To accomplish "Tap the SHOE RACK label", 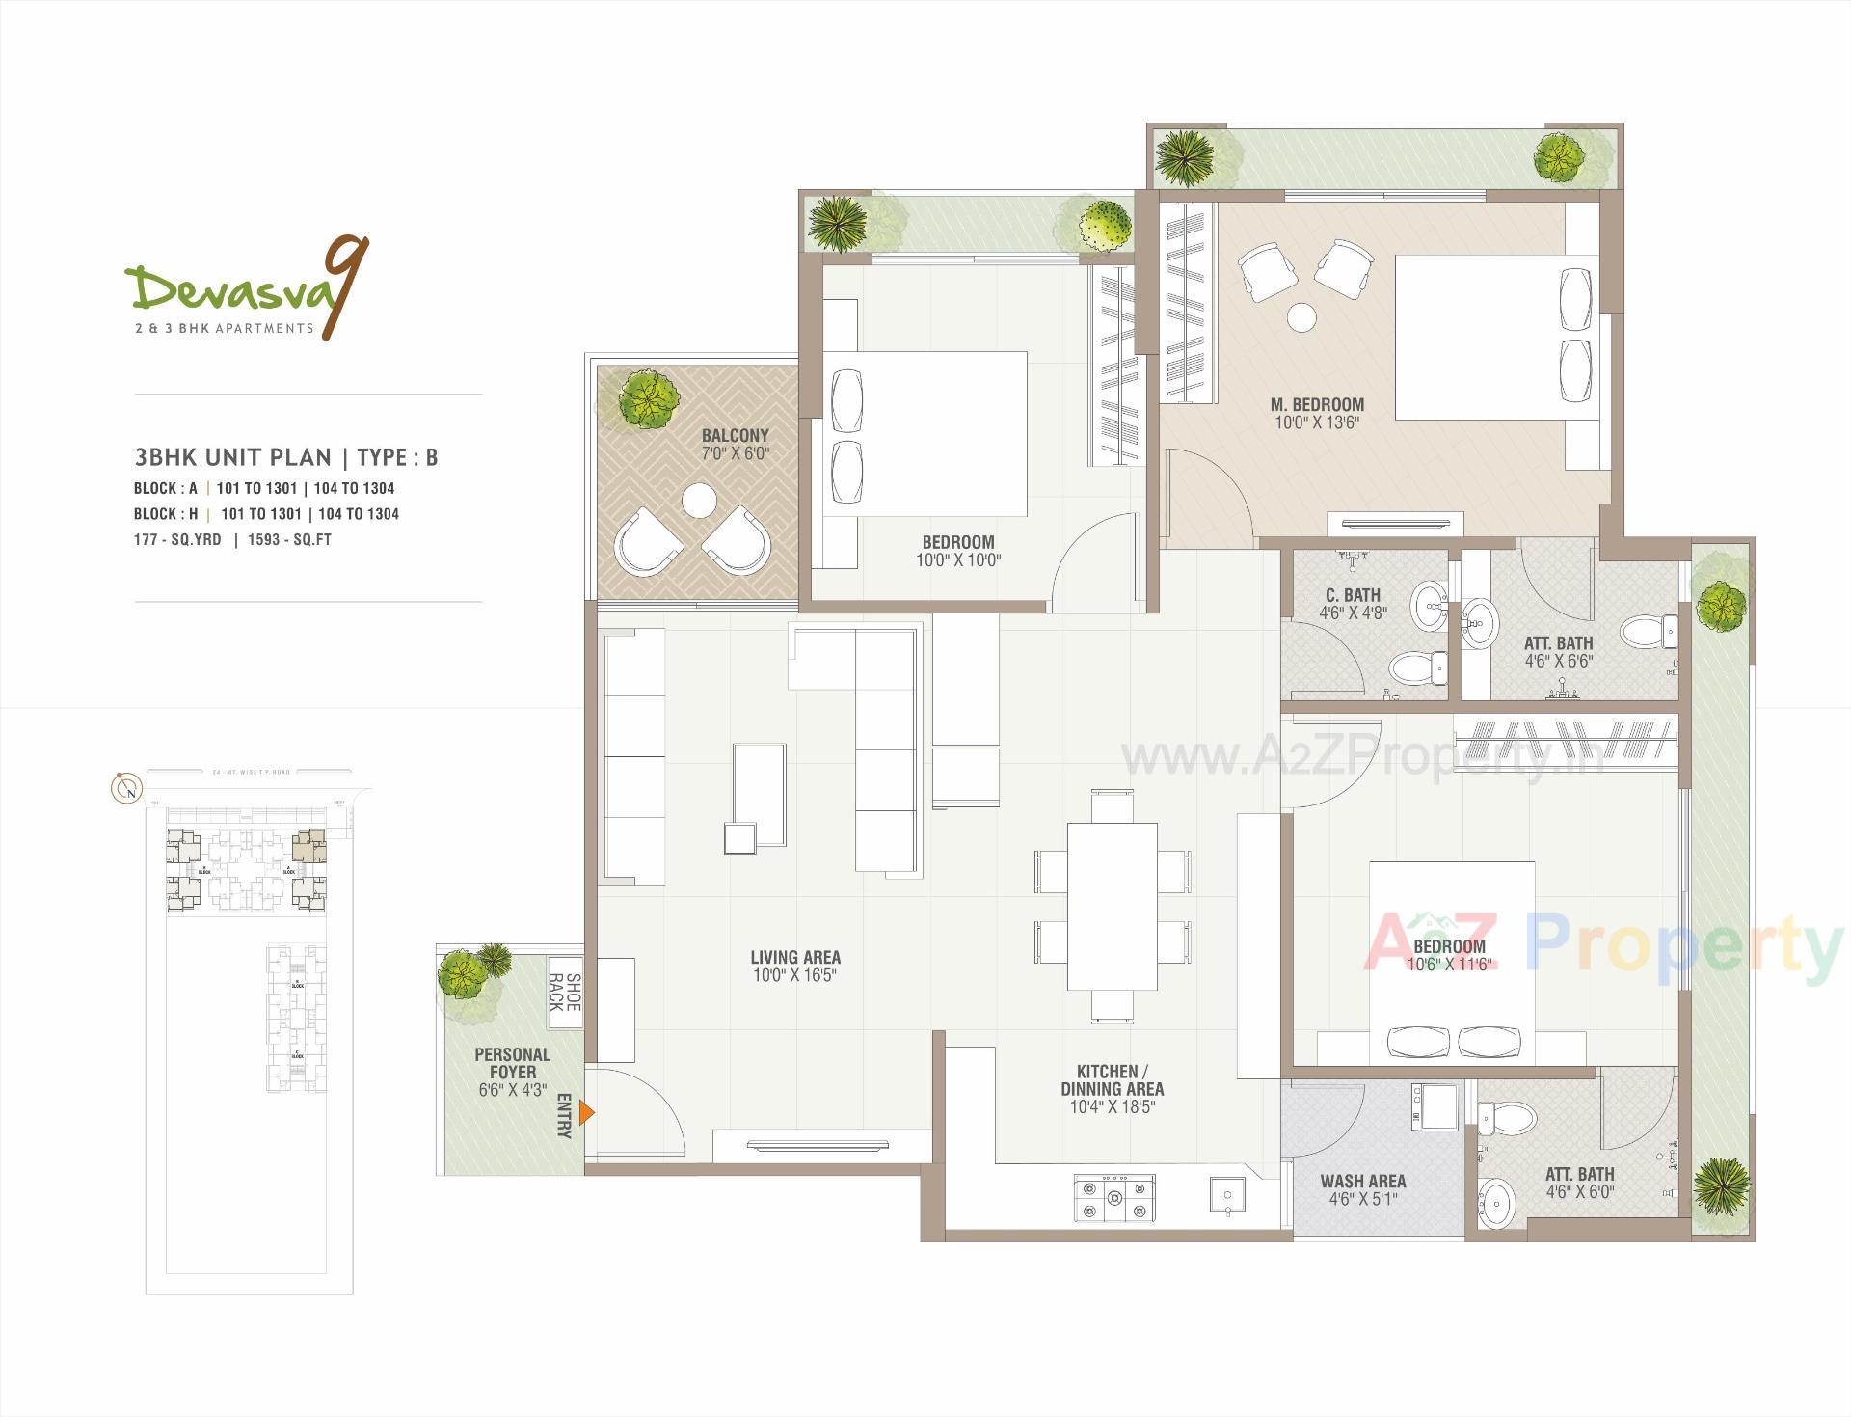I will (564, 993).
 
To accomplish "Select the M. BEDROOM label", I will (1317, 404).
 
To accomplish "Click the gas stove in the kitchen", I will (1114, 1198).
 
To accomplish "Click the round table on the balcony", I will (698, 501).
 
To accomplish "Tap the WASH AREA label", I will (1362, 1181).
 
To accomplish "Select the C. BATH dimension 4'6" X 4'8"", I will (1353, 613).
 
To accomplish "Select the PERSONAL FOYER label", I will (512, 1063).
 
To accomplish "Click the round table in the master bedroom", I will (1302, 316).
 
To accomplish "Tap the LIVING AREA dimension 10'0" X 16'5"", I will (795, 975).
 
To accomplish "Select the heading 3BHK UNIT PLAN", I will (232, 457).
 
